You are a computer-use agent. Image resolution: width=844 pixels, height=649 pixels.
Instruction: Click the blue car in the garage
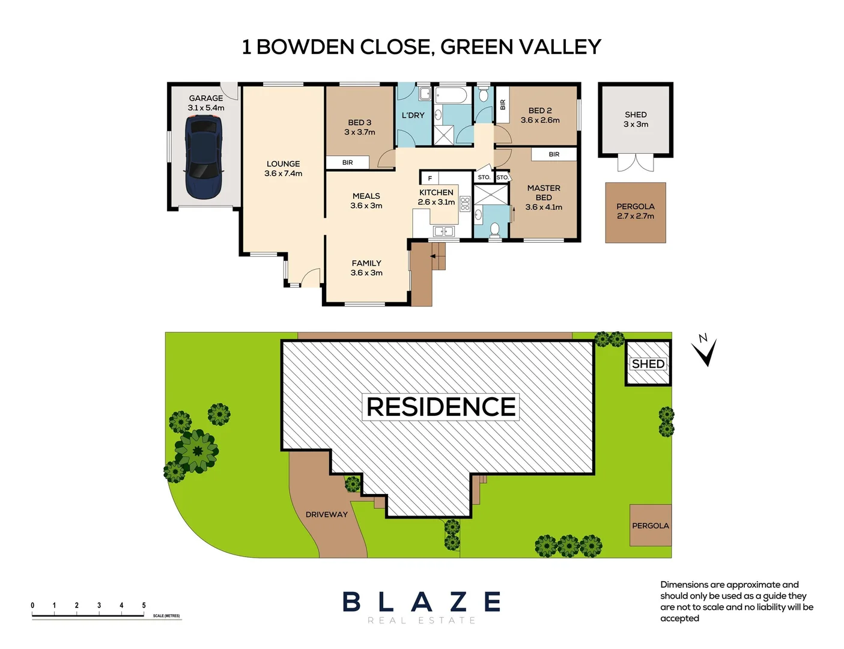click(x=204, y=157)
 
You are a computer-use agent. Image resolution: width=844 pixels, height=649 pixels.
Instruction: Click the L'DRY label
click(x=413, y=115)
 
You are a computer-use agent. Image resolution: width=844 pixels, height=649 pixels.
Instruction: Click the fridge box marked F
click(x=430, y=178)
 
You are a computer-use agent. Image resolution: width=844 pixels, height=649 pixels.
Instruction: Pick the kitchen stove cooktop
click(x=464, y=204)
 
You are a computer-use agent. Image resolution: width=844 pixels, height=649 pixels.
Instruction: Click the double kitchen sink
click(x=444, y=231)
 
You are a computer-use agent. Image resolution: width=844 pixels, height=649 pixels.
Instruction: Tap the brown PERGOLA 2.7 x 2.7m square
click(x=635, y=212)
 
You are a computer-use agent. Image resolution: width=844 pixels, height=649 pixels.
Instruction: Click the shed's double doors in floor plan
click(x=636, y=163)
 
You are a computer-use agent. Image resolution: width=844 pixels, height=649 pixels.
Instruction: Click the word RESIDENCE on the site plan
click(x=441, y=407)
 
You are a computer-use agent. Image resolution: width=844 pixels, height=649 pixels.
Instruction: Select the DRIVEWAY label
click(x=326, y=514)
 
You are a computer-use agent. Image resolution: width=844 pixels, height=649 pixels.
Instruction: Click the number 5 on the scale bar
click(x=144, y=605)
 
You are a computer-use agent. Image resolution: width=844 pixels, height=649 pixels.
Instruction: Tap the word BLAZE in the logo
click(x=422, y=602)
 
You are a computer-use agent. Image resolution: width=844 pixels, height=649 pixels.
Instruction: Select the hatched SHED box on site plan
click(x=648, y=363)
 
